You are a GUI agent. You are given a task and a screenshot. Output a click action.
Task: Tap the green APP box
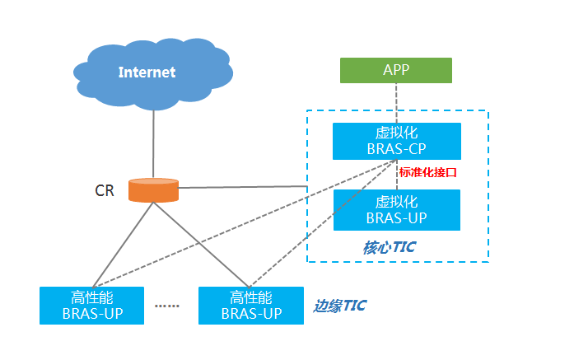[396, 70]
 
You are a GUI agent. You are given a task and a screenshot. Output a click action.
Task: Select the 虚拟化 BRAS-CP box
[396, 141]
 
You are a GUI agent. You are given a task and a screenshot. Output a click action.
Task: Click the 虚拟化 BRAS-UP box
[396, 210]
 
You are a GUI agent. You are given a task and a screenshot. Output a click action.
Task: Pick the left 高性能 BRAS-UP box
[91, 305]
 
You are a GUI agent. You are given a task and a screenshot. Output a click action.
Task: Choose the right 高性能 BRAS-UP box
[251, 305]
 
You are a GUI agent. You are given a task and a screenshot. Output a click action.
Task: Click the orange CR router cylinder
[153, 189]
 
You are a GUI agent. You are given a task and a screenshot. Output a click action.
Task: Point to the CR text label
[105, 191]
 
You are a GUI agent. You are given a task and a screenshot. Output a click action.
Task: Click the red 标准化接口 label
[427, 173]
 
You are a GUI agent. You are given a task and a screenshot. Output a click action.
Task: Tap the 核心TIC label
[388, 247]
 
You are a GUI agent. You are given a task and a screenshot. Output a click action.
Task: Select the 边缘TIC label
[339, 306]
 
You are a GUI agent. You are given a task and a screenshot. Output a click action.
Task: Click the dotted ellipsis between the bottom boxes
[167, 306]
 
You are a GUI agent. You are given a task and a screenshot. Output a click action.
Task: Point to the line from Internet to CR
[153, 140]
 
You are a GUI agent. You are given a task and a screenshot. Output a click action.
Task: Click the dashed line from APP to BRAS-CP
[396, 103]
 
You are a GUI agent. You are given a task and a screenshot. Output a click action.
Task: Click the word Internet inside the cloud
[147, 72]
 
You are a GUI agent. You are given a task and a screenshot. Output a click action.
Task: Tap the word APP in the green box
[396, 70]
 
